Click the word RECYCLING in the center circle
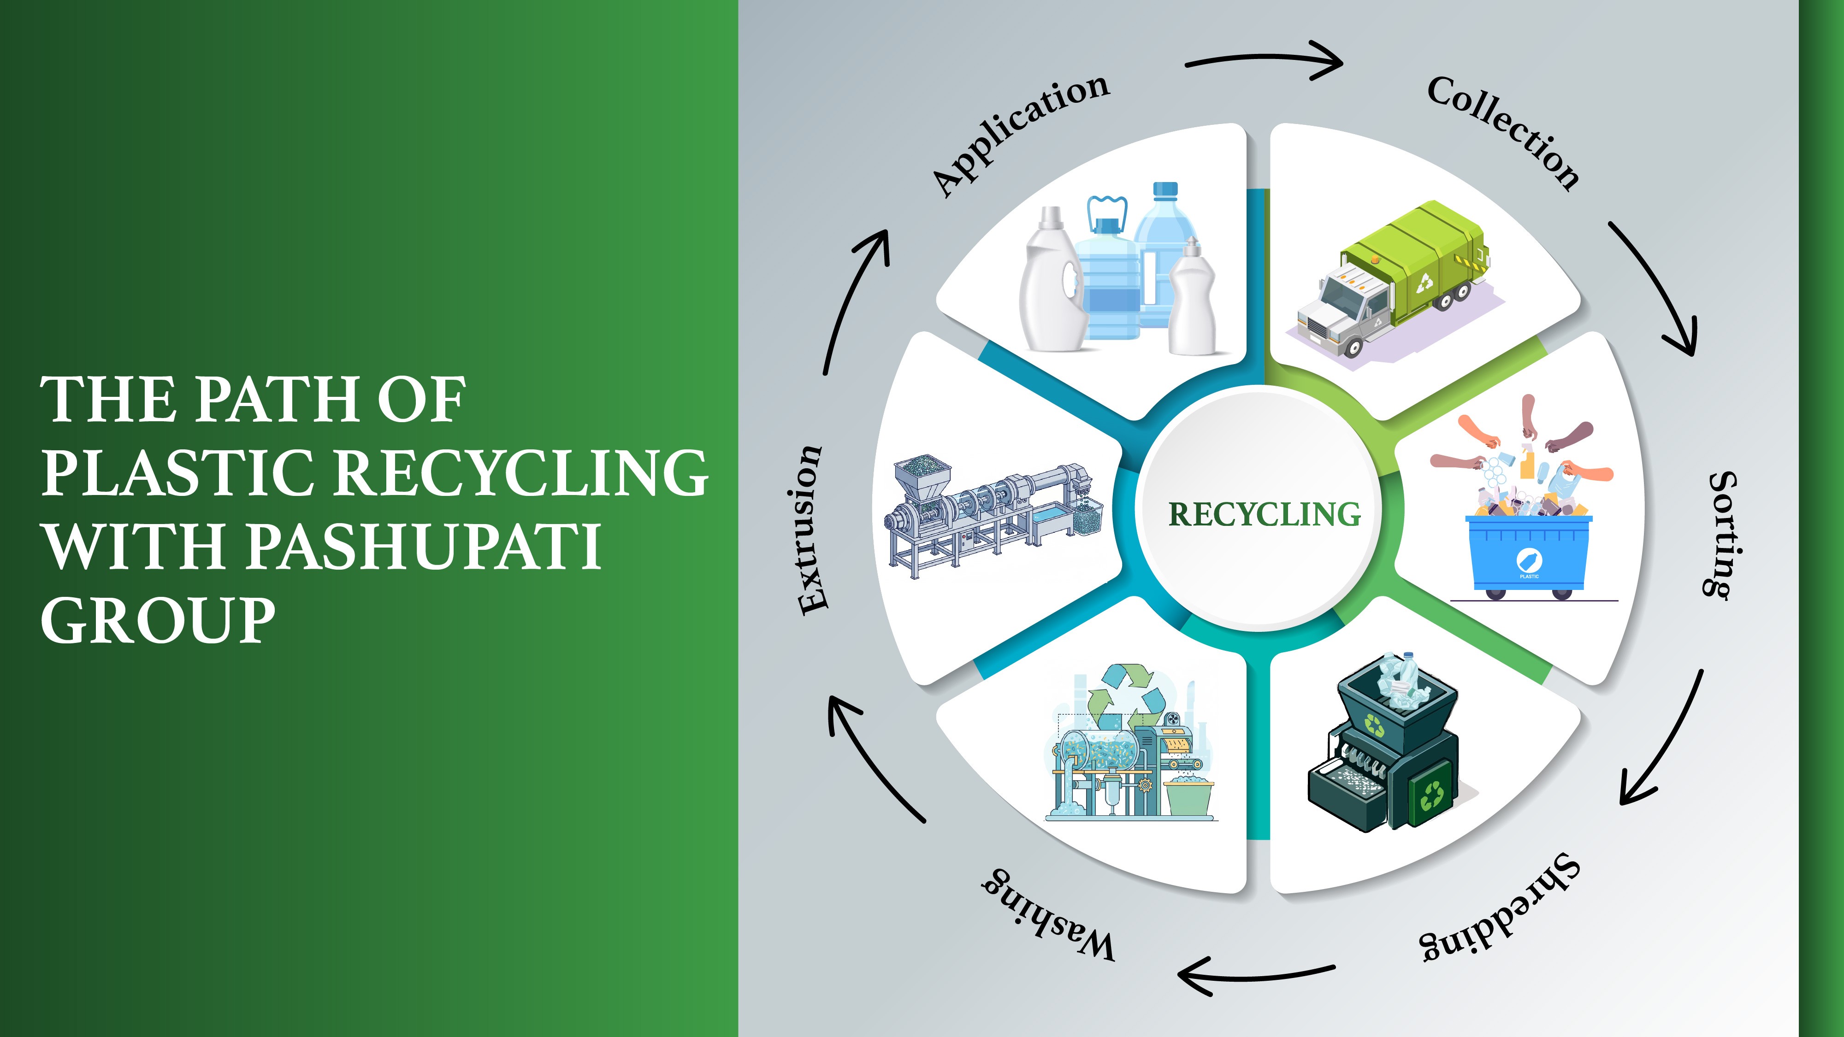(1264, 514)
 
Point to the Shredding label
(1500, 907)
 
